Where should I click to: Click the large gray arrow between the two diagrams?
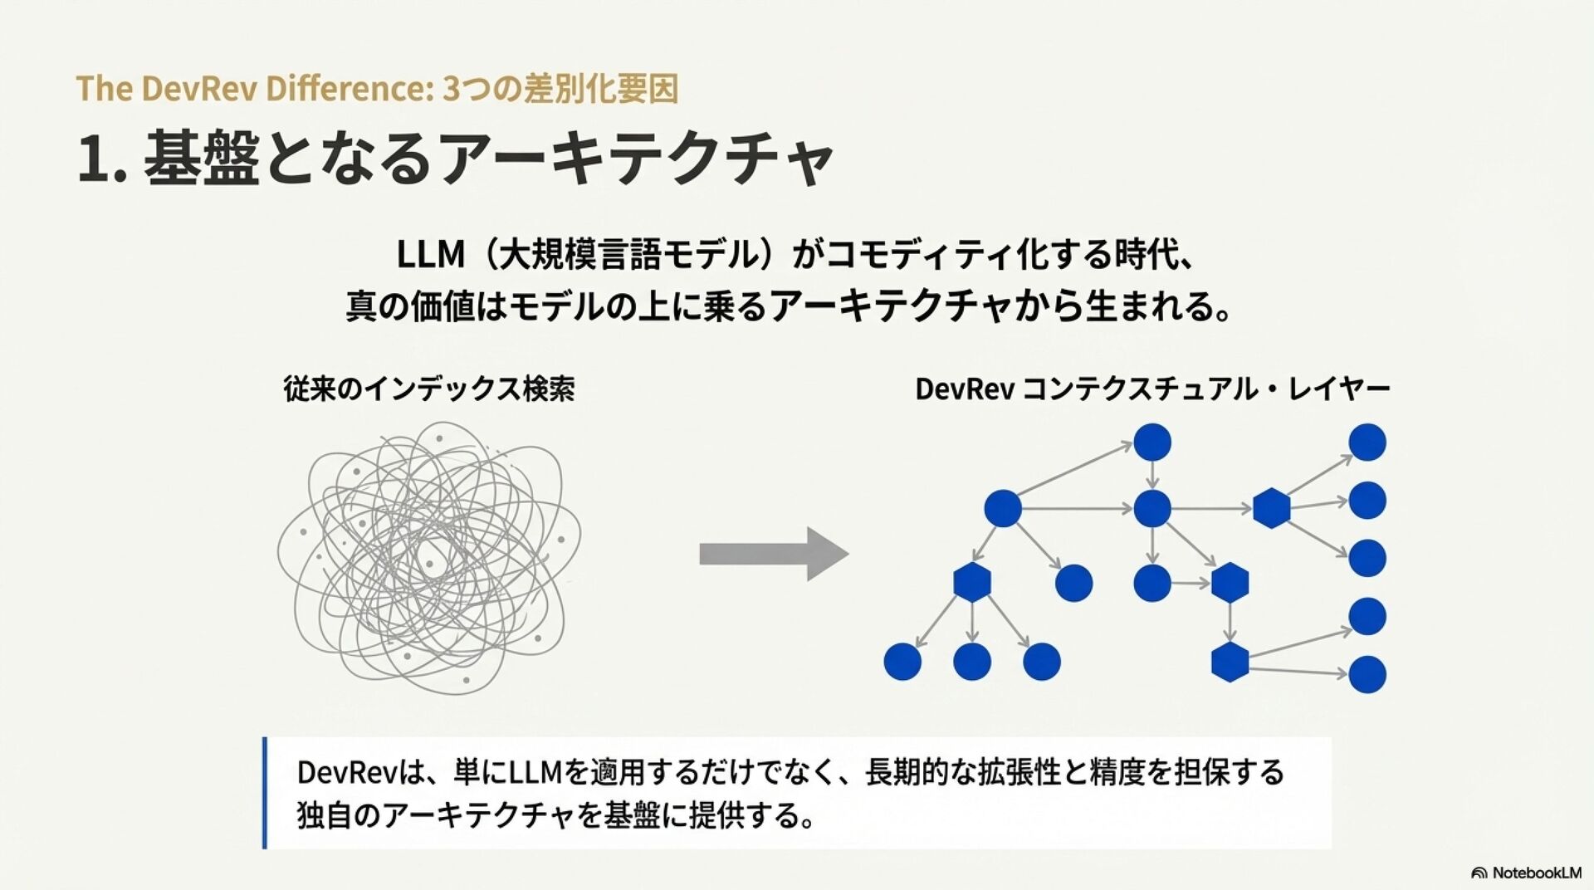pos(773,554)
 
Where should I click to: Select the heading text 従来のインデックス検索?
pos(429,389)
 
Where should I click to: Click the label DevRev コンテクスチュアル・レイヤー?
pos(1152,389)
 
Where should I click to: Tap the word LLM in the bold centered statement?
pos(430,254)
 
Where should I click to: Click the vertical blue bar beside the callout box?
pos(265,792)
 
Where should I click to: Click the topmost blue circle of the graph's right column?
pos(1367,443)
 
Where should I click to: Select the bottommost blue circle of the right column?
pos(1367,674)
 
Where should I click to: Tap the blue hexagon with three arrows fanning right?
pos(1271,508)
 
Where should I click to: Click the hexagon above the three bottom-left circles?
pos(972,582)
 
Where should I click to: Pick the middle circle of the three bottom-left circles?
pos(972,662)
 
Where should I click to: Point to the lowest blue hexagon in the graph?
pos(1230,662)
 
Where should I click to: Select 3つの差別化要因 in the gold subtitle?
pos(560,89)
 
